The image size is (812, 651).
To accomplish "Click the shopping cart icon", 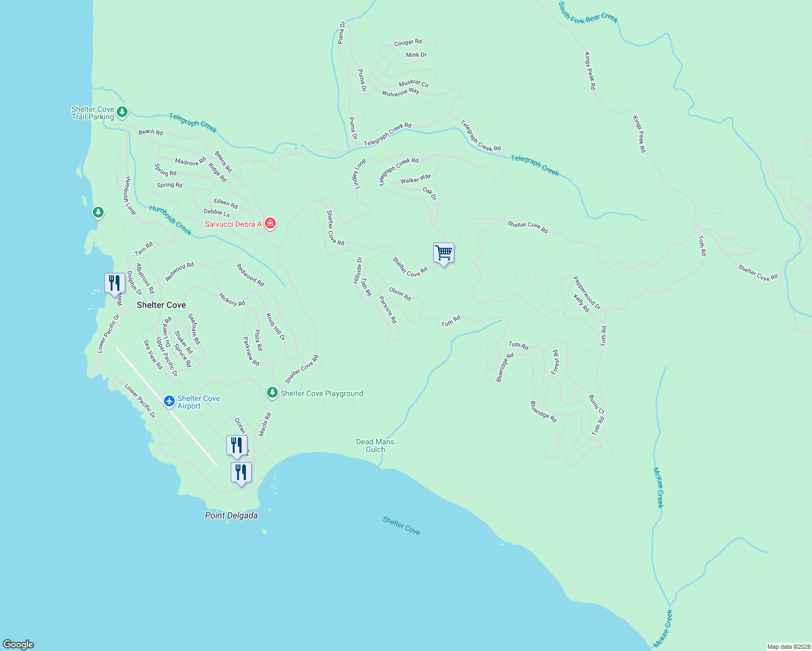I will click(443, 253).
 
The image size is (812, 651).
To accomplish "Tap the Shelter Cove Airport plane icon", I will click(169, 401).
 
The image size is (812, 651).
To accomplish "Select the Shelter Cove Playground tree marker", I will click(272, 392).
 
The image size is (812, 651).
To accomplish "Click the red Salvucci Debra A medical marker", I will click(270, 224).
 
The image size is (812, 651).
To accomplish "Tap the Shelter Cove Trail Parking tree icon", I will click(122, 112).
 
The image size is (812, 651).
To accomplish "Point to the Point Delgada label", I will click(231, 515).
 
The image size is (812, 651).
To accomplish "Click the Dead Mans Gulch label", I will click(375, 445).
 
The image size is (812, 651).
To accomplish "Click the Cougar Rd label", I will click(408, 42).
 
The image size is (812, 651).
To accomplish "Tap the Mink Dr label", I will click(416, 55).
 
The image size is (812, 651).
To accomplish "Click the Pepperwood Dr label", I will click(587, 293).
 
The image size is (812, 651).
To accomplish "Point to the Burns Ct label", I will click(597, 405).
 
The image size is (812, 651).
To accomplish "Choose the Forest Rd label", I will click(555, 362).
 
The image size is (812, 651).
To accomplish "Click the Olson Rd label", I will click(400, 294).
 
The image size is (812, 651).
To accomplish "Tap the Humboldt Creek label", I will click(170, 220).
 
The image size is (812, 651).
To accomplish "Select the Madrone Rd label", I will click(191, 162).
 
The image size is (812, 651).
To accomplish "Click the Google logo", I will click(18, 644).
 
